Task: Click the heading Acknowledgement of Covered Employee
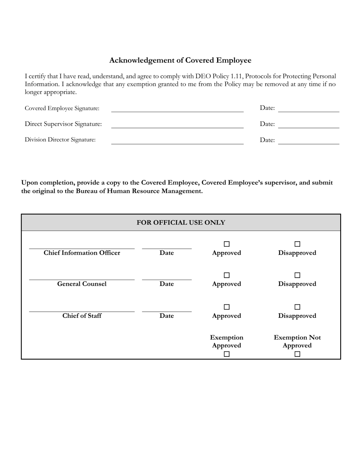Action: [x=180, y=60]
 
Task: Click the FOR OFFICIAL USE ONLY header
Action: [x=181, y=222]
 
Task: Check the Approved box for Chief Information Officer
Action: [x=227, y=244]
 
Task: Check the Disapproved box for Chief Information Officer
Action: [x=297, y=244]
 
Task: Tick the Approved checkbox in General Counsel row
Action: [x=227, y=275]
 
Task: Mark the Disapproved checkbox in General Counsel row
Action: [x=297, y=275]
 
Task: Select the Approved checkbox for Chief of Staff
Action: [x=227, y=307]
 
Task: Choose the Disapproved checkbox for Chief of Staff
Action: [x=297, y=307]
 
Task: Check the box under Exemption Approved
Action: [x=227, y=354]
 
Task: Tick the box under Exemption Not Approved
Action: [x=297, y=354]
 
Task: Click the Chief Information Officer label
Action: [x=82, y=253]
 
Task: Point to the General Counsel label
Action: [x=82, y=284]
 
